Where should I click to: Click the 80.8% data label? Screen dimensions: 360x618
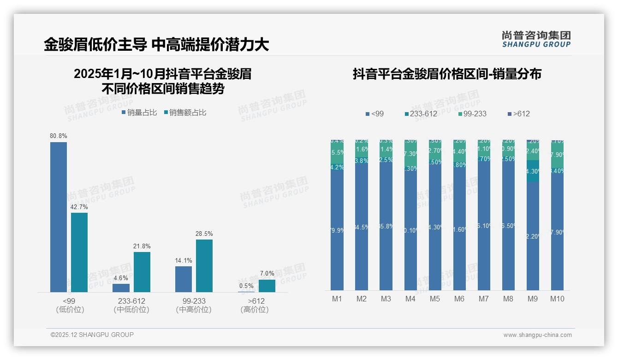(59, 136)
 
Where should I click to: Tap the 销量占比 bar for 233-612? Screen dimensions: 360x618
(121, 288)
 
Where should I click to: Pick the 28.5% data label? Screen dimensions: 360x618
(204, 234)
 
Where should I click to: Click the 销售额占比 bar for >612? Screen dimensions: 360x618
(267, 286)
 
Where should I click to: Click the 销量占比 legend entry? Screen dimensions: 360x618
(140, 112)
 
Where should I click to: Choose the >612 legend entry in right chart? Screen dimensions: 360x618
(519, 114)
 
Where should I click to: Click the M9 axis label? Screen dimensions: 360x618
(533, 299)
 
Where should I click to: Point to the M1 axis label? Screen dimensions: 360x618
(337, 299)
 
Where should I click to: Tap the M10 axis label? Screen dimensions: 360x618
(557, 299)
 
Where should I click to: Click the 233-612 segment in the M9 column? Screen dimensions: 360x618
(533, 171)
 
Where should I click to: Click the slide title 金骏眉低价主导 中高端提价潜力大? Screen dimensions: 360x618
(156, 45)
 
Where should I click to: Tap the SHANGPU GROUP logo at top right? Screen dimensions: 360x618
(536, 39)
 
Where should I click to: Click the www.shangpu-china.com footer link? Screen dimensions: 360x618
(537, 335)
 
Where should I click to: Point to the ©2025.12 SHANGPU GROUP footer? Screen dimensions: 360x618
(92, 335)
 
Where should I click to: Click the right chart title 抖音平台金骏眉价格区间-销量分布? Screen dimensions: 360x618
(447, 74)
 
